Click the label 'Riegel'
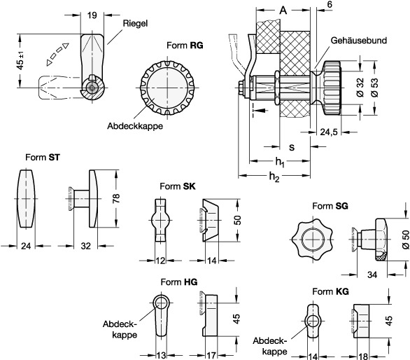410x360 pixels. [135, 24]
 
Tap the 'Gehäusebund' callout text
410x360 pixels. [358, 41]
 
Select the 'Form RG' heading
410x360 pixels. [185, 46]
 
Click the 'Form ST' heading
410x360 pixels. [43, 158]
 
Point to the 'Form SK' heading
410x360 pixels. [178, 186]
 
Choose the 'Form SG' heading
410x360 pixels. [330, 206]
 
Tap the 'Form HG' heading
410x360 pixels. [179, 282]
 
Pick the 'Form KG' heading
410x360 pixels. [330, 291]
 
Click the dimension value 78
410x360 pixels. [116, 198]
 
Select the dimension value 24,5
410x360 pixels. [329, 132]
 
